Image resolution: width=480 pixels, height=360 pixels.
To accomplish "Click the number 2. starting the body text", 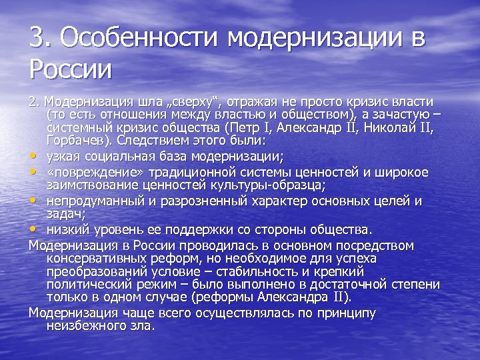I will tap(34, 102).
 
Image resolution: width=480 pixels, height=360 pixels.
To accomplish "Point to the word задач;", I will tap(64, 214).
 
